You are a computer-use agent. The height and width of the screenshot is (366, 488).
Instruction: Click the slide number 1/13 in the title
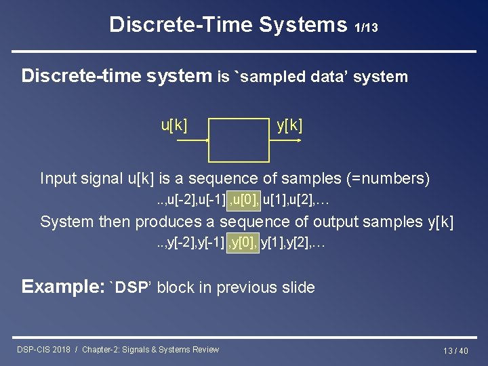coord(366,28)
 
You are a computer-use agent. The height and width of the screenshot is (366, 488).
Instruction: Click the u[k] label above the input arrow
coord(174,125)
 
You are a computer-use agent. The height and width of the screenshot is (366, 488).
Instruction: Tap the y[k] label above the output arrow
coord(289,125)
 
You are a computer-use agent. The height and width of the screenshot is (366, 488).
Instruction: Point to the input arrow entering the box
coord(190,140)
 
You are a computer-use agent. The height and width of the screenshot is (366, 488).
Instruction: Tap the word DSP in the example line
coord(131,287)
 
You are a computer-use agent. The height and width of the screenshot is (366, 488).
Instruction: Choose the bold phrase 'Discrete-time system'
coord(117,76)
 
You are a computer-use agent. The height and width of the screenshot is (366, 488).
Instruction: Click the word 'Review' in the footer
coord(205,350)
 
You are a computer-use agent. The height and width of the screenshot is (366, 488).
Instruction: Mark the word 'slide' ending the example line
coord(296,287)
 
